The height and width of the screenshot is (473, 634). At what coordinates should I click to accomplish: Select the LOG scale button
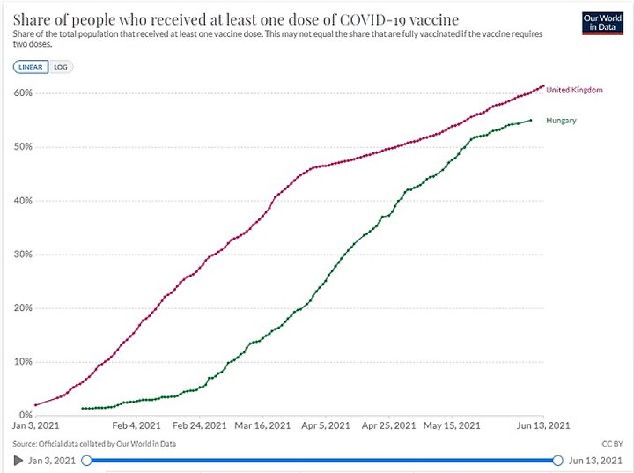(x=61, y=66)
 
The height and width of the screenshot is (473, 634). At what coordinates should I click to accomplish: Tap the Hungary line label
(x=561, y=121)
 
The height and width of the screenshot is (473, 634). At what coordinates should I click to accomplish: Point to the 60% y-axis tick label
(x=23, y=93)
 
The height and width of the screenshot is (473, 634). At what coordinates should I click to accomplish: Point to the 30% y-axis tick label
(x=23, y=255)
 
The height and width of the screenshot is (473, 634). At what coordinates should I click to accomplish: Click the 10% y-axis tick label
(x=23, y=362)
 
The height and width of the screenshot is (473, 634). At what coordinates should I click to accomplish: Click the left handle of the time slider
(x=86, y=460)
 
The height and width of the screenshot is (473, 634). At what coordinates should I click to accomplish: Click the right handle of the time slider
(x=557, y=460)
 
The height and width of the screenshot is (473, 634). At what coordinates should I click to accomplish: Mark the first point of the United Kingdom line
(x=35, y=405)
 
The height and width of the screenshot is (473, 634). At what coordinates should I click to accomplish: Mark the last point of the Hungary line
(x=530, y=121)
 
